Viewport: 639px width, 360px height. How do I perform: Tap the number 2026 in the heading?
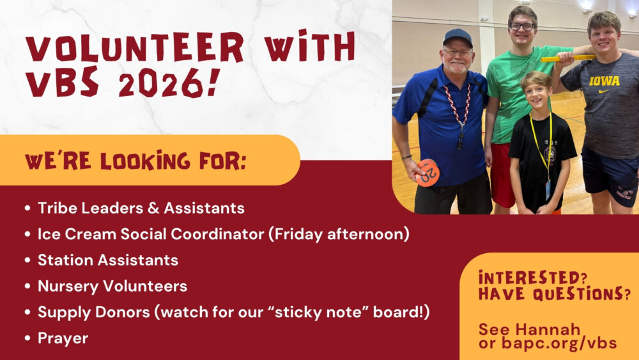click(160, 83)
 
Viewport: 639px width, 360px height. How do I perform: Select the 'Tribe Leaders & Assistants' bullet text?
click(141, 208)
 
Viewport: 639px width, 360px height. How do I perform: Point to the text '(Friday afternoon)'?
click(339, 235)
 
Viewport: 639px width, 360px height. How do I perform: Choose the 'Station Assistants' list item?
click(108, 260)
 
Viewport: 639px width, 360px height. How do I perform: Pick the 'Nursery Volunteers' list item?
click(112, 286)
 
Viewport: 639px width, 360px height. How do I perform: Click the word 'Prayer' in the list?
click(63, 338)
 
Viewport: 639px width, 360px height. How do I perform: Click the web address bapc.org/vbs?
click(559, 343)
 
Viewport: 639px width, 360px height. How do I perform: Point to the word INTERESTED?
click(533, 278)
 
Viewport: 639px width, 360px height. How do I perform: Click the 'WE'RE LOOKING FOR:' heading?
click(135, 160)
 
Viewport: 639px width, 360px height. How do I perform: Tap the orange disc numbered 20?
click(428, 173)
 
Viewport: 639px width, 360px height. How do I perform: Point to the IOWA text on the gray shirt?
click(604, 81)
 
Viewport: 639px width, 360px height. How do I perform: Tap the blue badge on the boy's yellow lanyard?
click(548, 189)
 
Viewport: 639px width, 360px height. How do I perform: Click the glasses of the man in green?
click(522, 26)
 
